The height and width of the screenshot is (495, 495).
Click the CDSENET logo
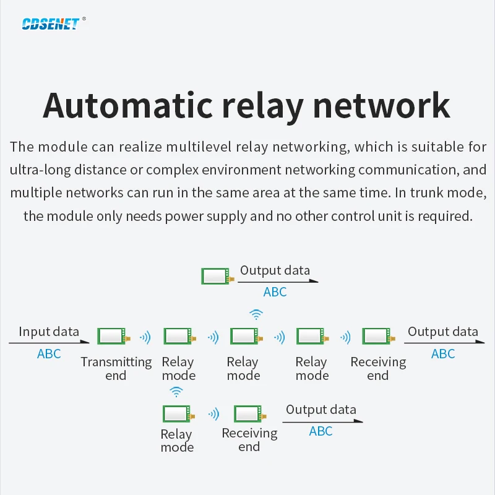[50, 24]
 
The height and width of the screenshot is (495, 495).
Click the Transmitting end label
[116, 369]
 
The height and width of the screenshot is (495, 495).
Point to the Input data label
[49, 332]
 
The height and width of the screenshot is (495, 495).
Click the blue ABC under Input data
[49, 354]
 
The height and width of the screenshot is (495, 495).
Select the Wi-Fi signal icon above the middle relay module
[255, 314]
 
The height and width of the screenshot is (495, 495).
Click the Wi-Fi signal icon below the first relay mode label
[176, 391]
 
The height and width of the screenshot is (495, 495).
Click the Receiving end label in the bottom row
[249, 440]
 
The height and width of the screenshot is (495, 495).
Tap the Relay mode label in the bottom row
[177, 441]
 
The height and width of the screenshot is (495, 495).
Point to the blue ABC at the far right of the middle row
[443, 354]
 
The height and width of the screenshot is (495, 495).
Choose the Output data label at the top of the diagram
[275, 270]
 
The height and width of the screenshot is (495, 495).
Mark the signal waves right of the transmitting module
[145, 337]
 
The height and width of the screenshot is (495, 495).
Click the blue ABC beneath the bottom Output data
[321, 431]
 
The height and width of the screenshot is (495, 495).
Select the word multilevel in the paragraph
[202, 147]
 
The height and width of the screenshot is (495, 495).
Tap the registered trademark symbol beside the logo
[84, 19]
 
